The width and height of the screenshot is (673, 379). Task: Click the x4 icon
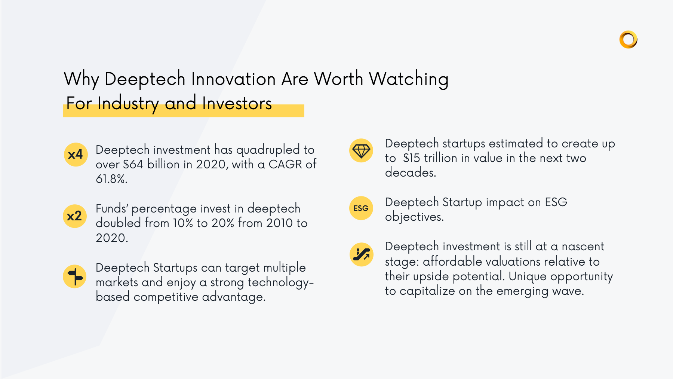(76, 155)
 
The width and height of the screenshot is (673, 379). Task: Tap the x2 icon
(74, 216)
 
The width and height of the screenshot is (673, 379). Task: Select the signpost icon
(75, 277)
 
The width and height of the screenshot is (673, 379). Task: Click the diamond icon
(361, 150)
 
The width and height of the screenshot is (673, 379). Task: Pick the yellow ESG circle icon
(361, 208)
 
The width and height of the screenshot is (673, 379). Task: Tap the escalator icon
(362, 254)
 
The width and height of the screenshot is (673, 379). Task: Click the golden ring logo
(628, 39)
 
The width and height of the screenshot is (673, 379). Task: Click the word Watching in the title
(409, 79)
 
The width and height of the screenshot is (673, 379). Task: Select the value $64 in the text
(133, 164)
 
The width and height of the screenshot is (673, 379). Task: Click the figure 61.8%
(111, 179)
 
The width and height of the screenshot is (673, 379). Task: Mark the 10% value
(182, 223)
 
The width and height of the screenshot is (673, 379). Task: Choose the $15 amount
(411, 158)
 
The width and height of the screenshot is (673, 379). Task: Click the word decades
(410, 172)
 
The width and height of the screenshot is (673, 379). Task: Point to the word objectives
(414, 217)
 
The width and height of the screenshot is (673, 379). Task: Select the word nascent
(583, 247)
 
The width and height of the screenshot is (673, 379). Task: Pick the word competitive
(166, 297)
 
